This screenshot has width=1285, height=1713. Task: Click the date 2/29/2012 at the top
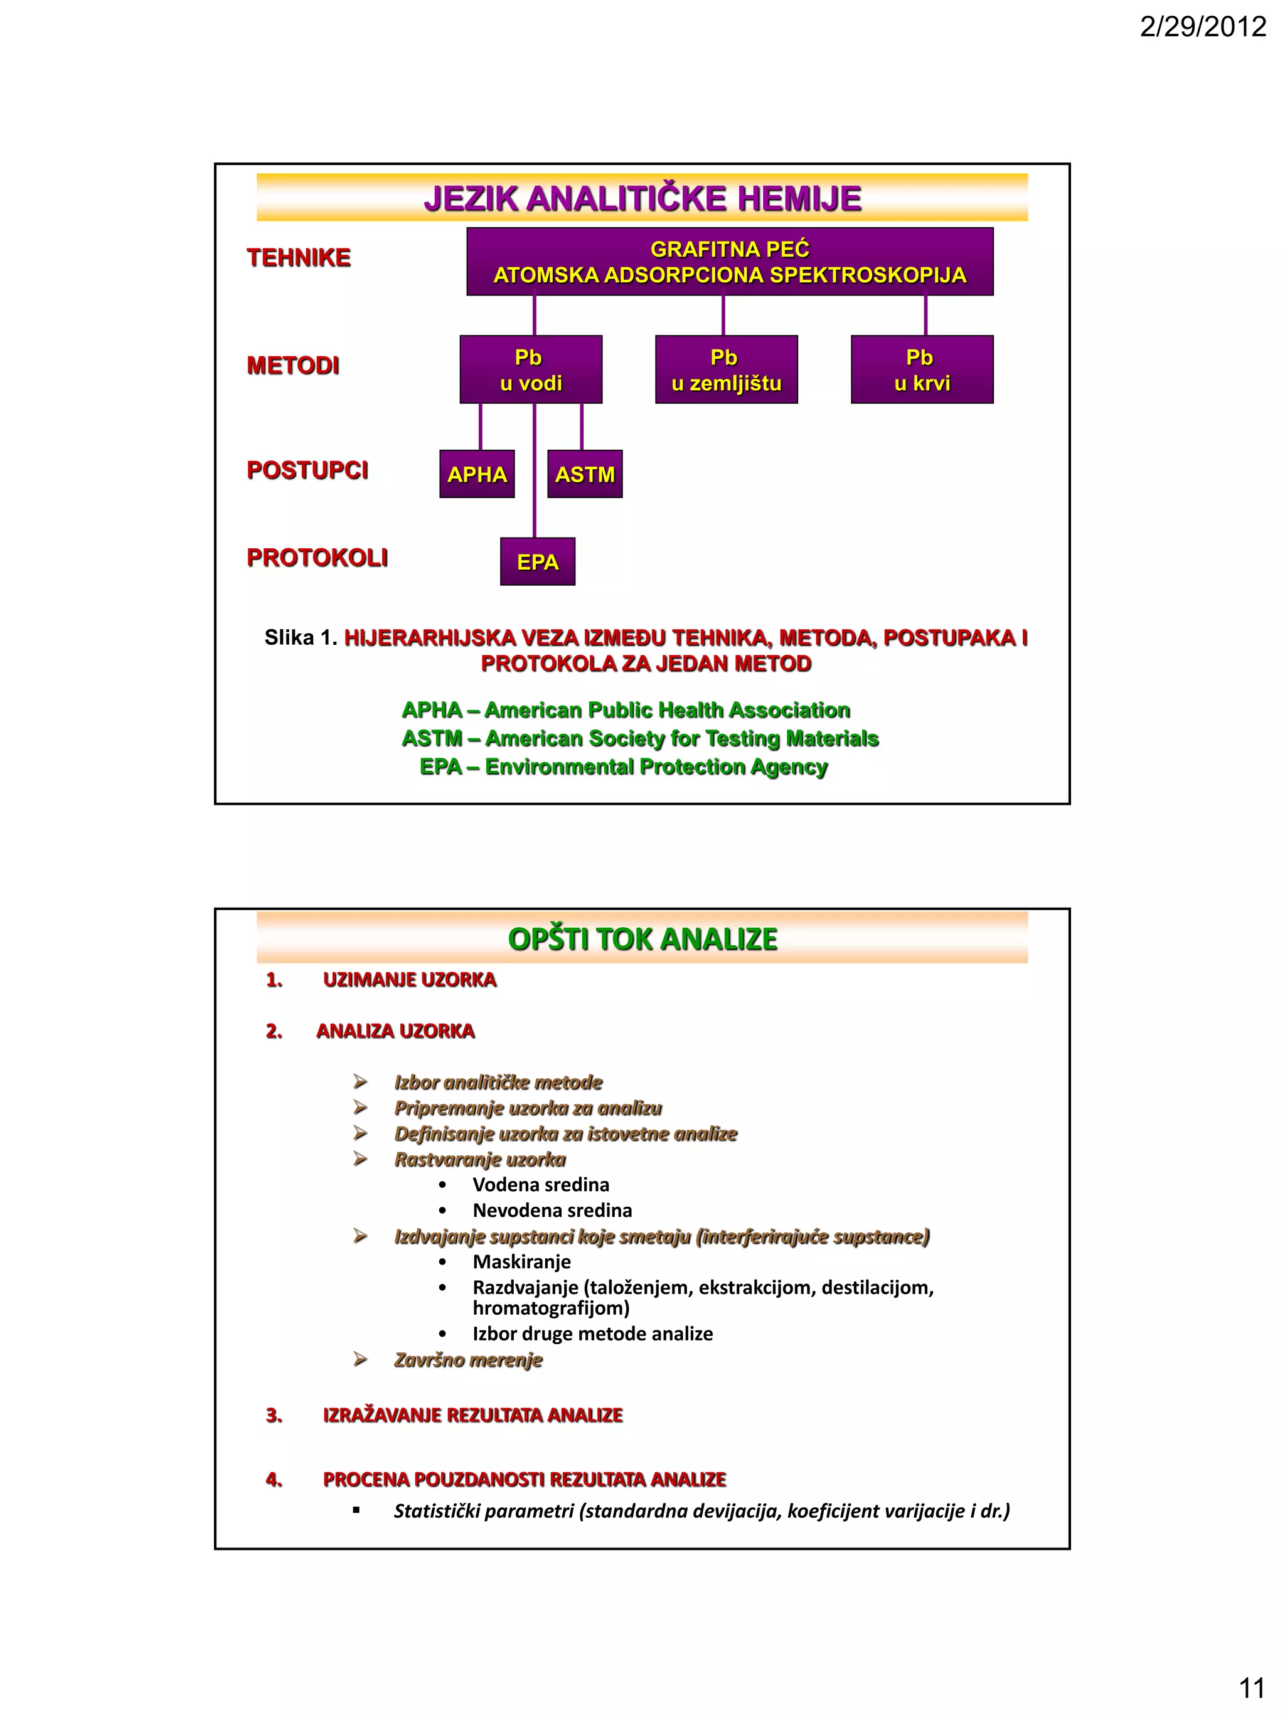pos(1202,28)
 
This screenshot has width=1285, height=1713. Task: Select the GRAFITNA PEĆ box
pos(729,262)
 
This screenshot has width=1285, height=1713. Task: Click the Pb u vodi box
pos(531,369)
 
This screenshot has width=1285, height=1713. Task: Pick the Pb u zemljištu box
pos(726,369)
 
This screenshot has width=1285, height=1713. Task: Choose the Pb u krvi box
pos(922,369)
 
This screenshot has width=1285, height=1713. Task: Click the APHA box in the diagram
pos(477,474)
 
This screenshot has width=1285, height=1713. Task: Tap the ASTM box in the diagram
pos(585,474)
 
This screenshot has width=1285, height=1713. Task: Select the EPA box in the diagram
pos(538,561)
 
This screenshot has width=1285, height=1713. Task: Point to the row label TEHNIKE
pos(298,258)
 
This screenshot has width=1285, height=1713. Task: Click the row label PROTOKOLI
pos(317,558)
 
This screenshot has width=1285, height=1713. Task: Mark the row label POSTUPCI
pos(307,470)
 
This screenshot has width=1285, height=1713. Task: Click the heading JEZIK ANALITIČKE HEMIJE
pos(642,199)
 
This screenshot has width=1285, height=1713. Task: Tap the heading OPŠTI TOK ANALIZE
pos(642,940)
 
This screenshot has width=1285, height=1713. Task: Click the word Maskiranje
pos(521,1261)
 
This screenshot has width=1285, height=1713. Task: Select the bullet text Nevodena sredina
pos(552,1211)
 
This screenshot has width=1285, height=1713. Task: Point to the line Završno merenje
pos(468,1360)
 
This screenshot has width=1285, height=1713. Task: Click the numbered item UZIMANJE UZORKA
pos(409,980)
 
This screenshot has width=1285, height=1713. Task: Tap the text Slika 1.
pos(301,637)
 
